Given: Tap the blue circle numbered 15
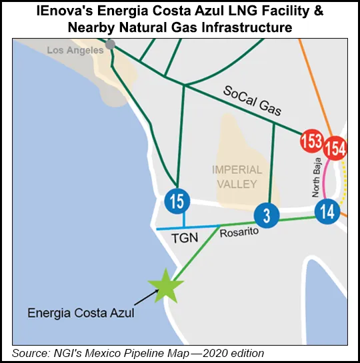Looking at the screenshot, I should tap(177, 201).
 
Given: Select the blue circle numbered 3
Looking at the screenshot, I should tap(265, 215).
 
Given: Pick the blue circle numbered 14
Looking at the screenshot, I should tap(327, 212).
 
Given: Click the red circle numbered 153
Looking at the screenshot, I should tap(311, 142).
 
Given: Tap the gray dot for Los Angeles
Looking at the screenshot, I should tap(110, 44).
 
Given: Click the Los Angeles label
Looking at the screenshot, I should tap(76, 50).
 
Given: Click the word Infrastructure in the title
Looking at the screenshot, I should tap(259, 29).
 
